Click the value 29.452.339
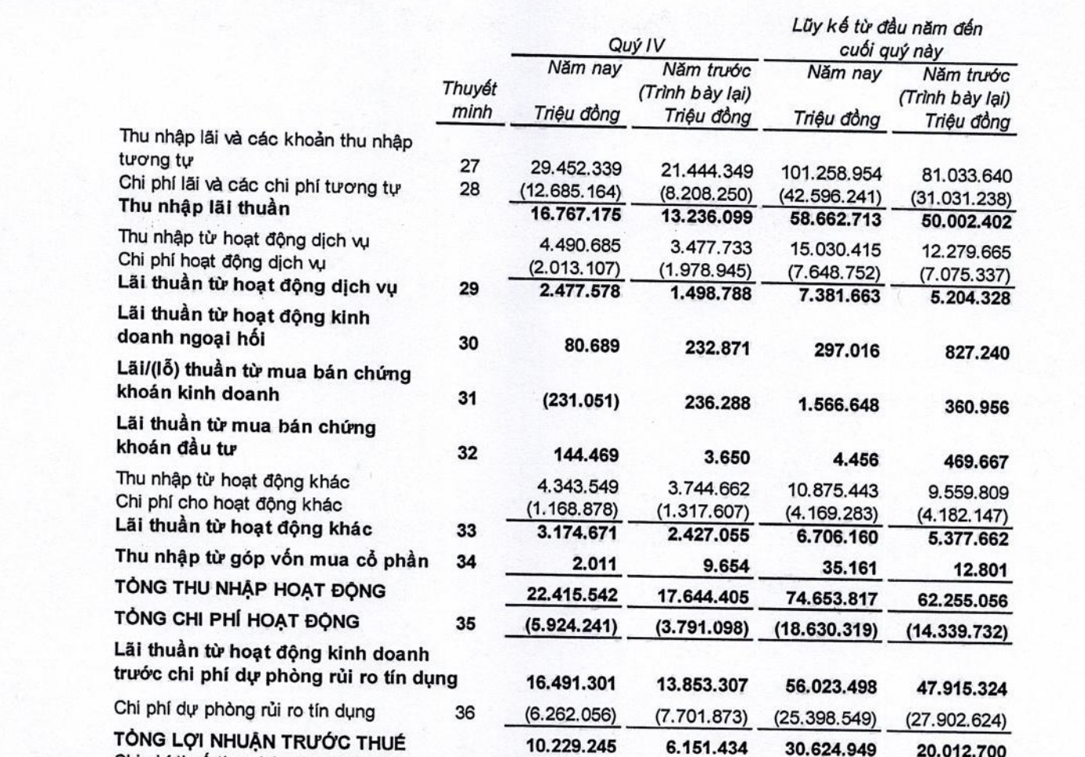click(x=575, y=169)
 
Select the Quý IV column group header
click(x=636, y=46)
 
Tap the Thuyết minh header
click(x=469, y=100)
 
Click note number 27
click(x=469, y=166)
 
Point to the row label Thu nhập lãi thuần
click(x=204, y=208)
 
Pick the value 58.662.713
click(x=835, y=219)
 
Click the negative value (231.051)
click(x=580, y=401)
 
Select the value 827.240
click(x=977, y=353)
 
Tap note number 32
click(x=467, y=453)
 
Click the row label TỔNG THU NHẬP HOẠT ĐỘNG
click(x=250, y=590)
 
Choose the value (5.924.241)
click(x=572, y=627)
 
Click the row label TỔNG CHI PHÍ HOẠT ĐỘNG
click(x=236, y=620)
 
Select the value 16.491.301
click(x=571, y=683)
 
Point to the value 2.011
click(x=595, y=564)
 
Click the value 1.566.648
click(x=838, y=405)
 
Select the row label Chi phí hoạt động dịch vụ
click(x=221, y=262)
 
